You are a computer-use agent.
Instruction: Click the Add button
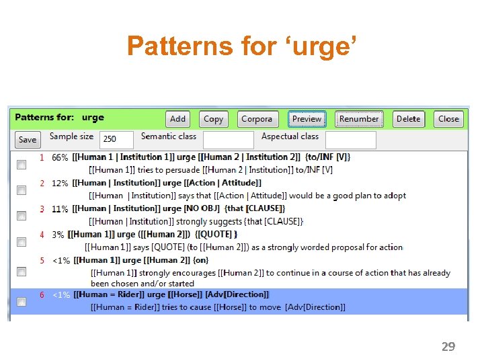178,119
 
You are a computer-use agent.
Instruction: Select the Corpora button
257,119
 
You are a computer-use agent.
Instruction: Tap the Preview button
307,119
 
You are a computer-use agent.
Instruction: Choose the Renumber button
359,119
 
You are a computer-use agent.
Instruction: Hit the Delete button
408,119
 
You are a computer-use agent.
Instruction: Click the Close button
448,119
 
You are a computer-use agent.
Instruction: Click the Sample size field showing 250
116,139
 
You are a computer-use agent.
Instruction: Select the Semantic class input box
228,139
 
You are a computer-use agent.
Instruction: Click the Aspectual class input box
350,139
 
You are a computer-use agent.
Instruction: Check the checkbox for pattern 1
22,164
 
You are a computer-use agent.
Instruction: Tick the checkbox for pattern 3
22,216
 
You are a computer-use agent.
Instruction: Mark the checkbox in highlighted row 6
22,302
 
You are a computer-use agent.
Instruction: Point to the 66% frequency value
60,157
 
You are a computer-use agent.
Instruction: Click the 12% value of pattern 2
60,184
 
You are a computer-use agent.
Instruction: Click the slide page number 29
448,347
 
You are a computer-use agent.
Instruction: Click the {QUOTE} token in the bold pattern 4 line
216,235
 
